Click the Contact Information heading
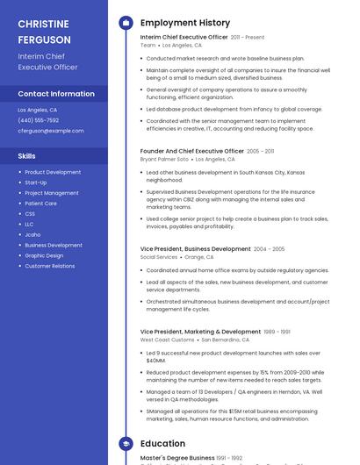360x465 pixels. (56, 94)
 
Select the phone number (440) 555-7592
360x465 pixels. (39, 120)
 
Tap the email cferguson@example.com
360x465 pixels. (50, 130)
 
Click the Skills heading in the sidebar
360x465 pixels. (27, 156)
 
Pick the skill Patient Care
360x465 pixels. (41, 204)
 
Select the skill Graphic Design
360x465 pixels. (44, 255)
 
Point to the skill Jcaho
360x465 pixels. (32, 235)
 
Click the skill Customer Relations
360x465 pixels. (50, 266)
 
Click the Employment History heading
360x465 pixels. (185, 23)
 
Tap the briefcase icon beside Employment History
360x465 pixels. (126, 23)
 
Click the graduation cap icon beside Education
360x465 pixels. (126, 444)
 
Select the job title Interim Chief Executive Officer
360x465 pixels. (184, 37)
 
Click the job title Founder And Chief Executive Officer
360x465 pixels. (192, 151)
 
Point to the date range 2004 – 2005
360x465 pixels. (270, 249)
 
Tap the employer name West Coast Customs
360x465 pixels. (167, 340)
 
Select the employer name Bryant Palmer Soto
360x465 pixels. (164, 160)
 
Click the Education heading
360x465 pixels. (162, 444)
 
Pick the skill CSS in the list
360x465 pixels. (30, 214)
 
